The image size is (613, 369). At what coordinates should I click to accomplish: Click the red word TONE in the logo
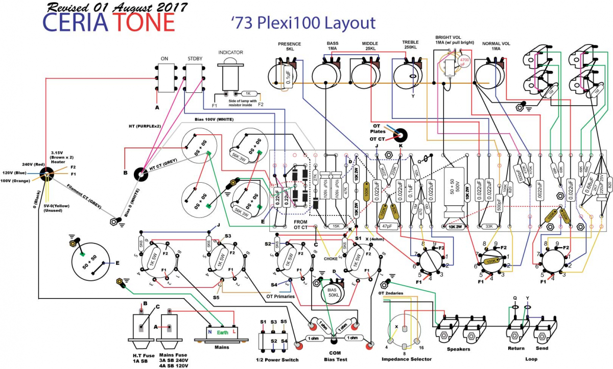click(144, 22)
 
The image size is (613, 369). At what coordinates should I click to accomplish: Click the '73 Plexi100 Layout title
click(302, 22)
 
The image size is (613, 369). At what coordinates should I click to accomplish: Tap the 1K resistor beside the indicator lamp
click(247, 94)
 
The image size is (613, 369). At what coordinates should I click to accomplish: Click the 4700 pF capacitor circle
click(465, 62)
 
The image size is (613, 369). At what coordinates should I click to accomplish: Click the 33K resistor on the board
click(488, 226)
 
